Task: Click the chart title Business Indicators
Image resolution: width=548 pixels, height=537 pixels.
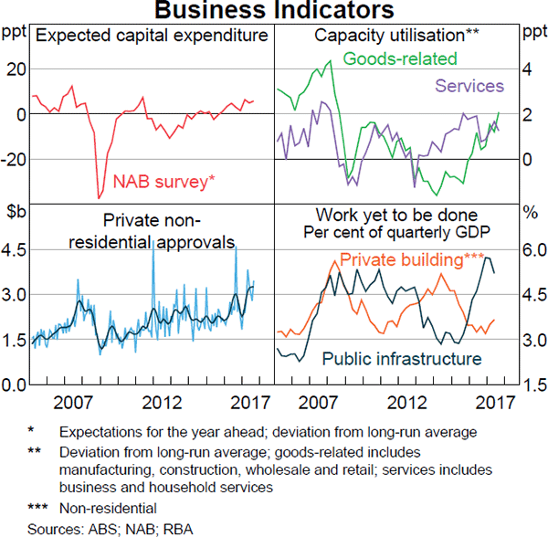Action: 273,11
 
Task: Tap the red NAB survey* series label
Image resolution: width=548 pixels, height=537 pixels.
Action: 164,182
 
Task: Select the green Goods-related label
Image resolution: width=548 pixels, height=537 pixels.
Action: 400,59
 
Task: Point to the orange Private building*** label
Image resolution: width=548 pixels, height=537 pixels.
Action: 412,260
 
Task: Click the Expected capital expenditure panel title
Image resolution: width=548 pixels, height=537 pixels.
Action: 153,36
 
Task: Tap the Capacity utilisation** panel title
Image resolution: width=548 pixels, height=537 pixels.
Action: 396,36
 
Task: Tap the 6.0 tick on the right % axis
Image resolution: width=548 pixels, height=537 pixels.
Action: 532,249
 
